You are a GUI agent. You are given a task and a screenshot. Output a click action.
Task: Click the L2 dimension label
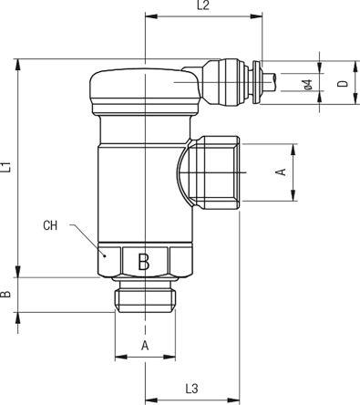point(203,5)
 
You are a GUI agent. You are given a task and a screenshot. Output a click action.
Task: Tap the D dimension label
point(343,84)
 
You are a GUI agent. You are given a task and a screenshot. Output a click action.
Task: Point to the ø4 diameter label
point(308,85)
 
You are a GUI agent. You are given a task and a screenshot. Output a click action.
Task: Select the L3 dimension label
point(191,389)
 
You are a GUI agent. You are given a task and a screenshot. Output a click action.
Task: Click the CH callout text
point(50,225)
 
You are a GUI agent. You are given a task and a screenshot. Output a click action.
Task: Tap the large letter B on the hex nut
point(143,262)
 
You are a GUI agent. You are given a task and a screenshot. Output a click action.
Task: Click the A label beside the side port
point(281,171)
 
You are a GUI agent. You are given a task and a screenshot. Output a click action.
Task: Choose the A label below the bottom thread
point(145,346)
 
